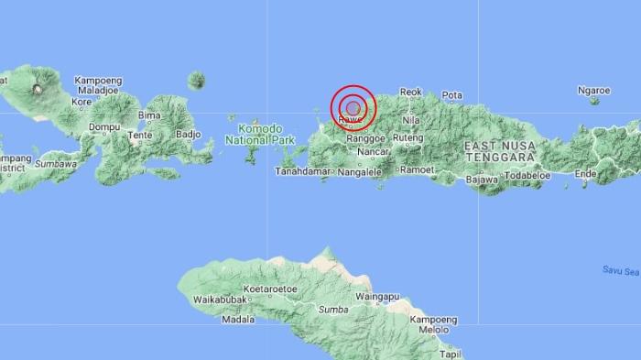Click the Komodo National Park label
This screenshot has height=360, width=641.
point(254,135)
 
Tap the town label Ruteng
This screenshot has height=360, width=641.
point(408,137)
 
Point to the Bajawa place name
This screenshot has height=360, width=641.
point(481,180)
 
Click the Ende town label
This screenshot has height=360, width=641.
point(584,173)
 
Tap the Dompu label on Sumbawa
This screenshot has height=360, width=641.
point(106,126)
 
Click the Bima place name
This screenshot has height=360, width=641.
point(148,115)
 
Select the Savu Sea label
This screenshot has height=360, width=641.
point(621,270)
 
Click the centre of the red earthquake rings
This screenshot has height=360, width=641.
point(353,109)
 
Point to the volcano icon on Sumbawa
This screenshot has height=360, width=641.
point(38,89)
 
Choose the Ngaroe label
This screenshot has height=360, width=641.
point(594,91)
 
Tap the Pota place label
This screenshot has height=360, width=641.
point(452,95)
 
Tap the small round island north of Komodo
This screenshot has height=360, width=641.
point(196,81)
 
